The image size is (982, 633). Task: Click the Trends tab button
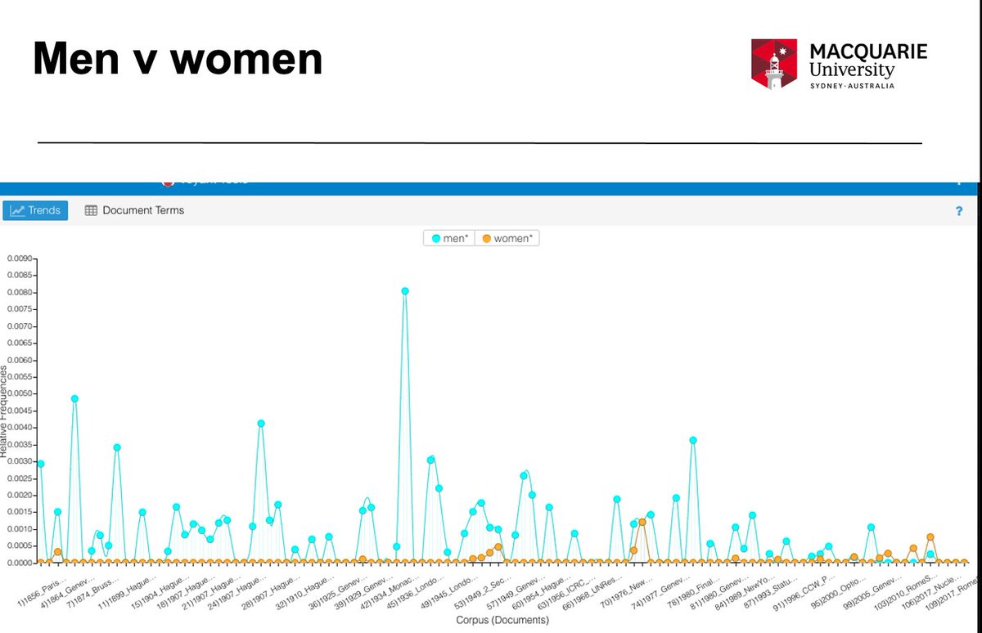(36, 210)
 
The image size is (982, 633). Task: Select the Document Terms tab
(135, 210)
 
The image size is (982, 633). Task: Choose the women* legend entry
(507, 239)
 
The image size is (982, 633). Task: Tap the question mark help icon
(958, 211)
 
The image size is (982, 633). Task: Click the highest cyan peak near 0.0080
(405, 291)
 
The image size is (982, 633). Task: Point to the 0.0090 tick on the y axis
(19, 258)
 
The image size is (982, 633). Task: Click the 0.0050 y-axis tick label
(19, 393)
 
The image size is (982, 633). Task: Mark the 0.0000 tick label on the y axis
(19, 563)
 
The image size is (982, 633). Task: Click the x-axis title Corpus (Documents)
(502, 620)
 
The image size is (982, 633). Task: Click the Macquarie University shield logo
(774, 64)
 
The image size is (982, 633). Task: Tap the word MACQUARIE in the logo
(868, 52)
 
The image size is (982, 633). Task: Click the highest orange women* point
(642, 522)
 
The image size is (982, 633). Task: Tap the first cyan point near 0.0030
(41, 464)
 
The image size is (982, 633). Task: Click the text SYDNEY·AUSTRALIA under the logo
(851, 86)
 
